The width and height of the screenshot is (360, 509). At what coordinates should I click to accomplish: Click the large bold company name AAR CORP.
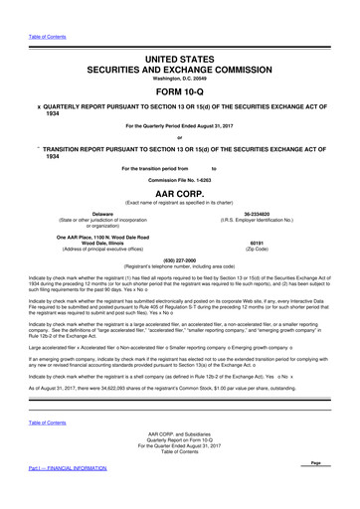pyautogui.click(x=179, y=192)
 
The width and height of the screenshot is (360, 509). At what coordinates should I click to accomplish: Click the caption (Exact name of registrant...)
pyautogui.click(x=179, y=202)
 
